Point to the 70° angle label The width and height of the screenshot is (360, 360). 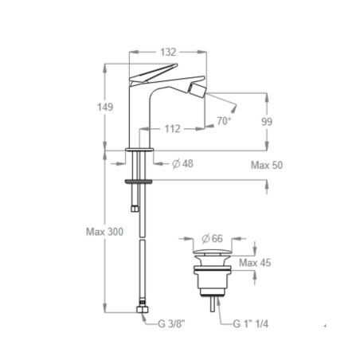click(x=225, y=121)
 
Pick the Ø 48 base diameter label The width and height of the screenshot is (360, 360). click(x=183, y=164)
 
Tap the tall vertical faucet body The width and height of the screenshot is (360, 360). click(x=139, y=112)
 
